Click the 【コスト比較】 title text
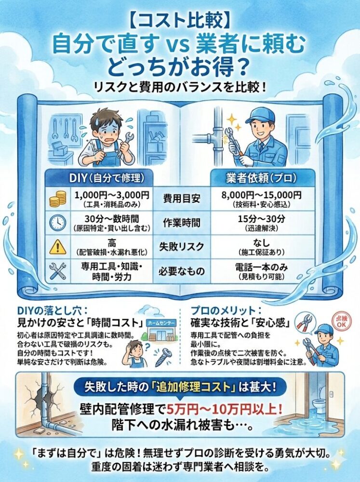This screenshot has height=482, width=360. [180, 21]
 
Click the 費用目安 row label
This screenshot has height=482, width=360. [180, 198]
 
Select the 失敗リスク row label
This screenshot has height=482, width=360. [180, 246]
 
